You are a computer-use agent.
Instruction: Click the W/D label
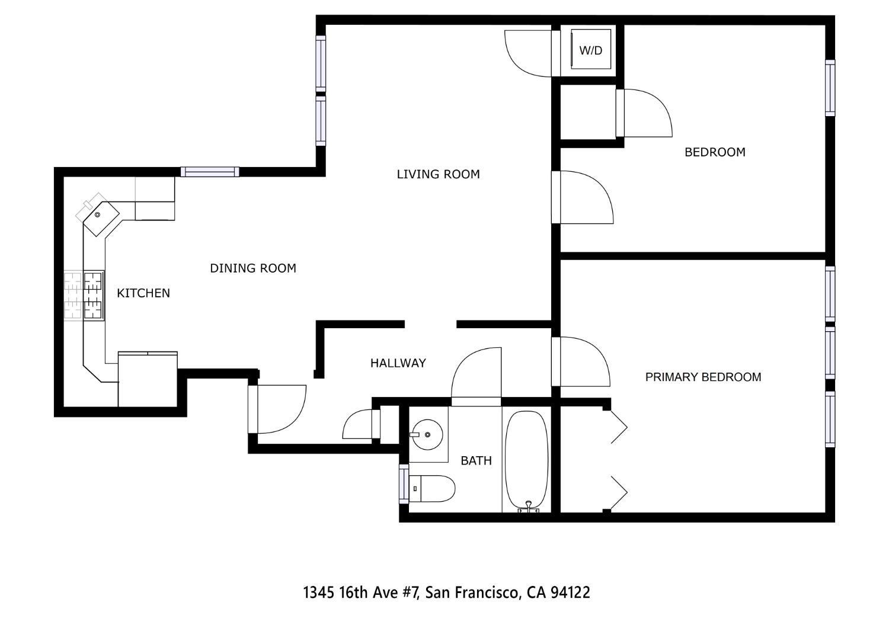(590, 51)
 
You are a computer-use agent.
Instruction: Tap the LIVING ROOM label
(438, 174)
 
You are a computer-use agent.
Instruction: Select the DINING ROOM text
(253, 268)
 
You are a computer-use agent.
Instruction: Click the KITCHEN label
(143, 293)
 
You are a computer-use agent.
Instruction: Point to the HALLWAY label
(398, 363)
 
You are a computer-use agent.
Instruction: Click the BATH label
(477, 460)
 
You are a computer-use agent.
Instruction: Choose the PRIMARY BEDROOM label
(703, 377)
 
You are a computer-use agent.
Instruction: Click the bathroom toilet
(433, 489)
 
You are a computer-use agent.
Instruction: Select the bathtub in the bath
(526, 459)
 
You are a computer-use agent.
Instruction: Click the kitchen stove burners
(93, 295)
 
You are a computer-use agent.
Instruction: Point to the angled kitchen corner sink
(99, 216)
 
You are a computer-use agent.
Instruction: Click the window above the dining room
(210, 172)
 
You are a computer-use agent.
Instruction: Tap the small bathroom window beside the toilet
(404, 484)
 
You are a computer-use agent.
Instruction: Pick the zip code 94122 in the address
(570, 592)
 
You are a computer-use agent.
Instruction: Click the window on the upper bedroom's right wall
(830, 88)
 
